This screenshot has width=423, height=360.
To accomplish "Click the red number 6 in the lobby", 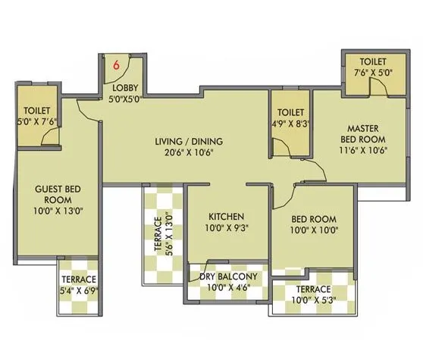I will click(116, 65).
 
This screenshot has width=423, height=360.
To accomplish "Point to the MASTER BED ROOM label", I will click(362, 134).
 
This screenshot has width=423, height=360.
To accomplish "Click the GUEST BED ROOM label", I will click(57, 195).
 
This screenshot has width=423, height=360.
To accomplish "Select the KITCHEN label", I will click(227, 216).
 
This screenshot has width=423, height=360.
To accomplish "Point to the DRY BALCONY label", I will click(230, 277).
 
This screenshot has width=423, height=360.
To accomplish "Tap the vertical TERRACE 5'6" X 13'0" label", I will click(165, 236).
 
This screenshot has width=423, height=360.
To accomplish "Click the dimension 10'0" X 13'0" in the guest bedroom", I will click(57, 211).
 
